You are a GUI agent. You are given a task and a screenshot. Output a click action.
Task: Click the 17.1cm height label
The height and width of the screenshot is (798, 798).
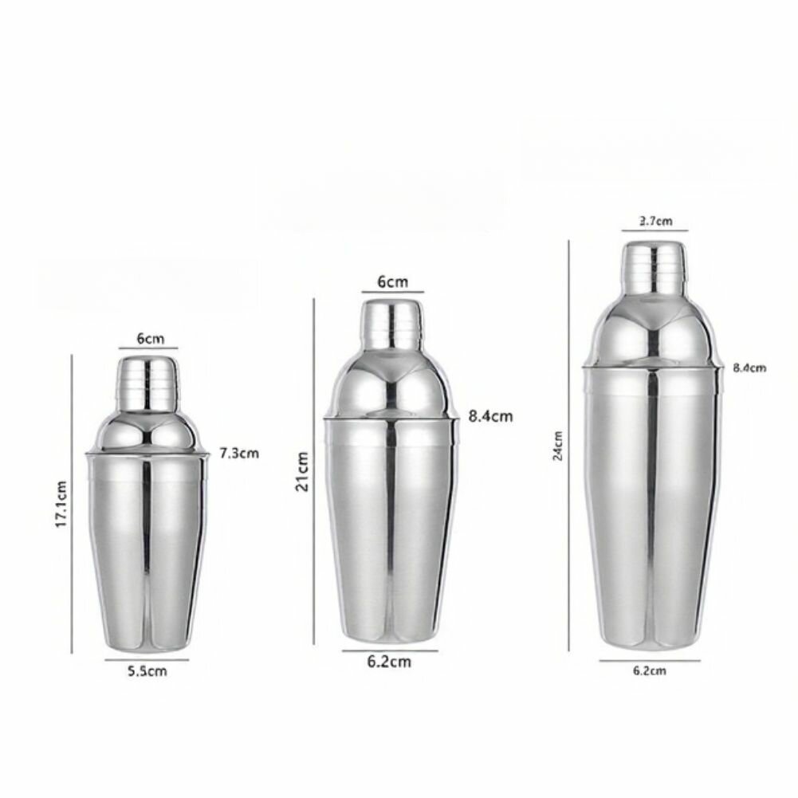pos(61,504)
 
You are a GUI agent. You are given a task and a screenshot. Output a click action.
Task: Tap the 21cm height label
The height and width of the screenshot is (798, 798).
pos(302,471)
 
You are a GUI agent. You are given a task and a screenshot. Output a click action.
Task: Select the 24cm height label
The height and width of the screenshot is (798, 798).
pos(558,446)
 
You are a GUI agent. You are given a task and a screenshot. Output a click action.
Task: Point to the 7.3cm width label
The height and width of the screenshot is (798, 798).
pos(239,453)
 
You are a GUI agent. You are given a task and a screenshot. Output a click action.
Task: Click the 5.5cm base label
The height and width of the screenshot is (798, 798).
pos(147,670)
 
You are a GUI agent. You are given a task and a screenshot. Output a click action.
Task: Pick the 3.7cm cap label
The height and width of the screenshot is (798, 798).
pos(655,221)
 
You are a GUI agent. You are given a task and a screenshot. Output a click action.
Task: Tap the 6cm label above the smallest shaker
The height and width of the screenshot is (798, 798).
pos(151,339)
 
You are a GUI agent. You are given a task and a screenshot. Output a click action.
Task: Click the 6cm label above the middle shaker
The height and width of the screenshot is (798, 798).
pos(393,281)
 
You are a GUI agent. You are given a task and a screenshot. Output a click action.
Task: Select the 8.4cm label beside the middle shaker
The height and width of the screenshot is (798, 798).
pos(490,416)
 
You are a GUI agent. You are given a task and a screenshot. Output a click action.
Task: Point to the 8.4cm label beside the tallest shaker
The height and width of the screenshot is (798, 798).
pos(749,368)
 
